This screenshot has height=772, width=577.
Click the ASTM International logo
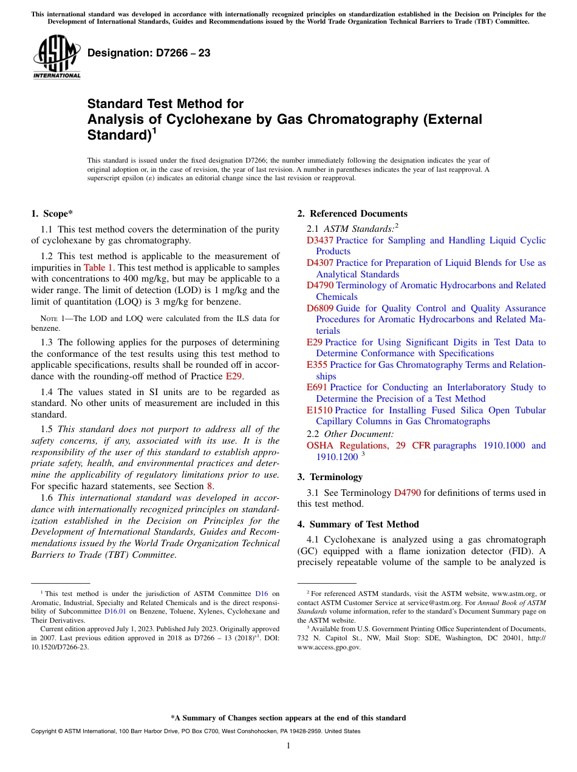56,57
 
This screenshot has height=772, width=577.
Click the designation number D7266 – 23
149,53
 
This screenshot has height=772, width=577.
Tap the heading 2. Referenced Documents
352,214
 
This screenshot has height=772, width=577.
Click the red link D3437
319,240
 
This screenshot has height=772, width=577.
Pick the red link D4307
319,263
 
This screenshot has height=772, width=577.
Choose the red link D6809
319,308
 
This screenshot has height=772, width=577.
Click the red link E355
317,365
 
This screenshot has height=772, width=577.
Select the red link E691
317,387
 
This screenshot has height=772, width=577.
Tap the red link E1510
319,410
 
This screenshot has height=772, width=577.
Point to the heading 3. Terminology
330,477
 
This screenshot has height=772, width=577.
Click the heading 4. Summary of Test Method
358,524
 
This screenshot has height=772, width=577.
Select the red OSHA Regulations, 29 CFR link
368,445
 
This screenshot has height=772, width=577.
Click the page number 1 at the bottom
288,746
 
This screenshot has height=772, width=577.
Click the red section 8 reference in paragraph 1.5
210,486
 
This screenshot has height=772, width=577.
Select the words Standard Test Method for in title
165,104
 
